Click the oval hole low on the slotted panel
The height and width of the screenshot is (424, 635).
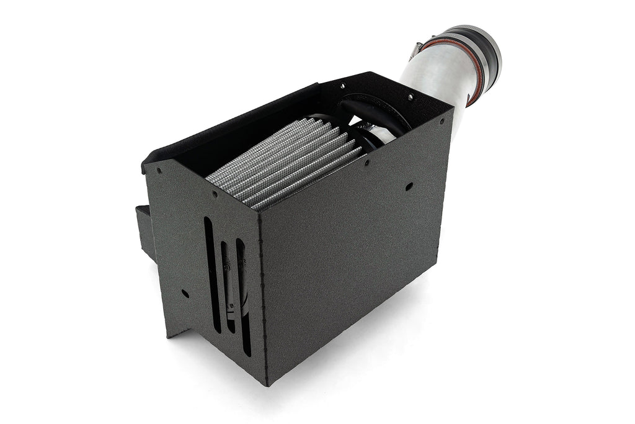tap(184, 293)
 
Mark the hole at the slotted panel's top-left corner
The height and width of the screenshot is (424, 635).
tap(159, 169)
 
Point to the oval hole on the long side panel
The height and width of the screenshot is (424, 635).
tap(409, 186)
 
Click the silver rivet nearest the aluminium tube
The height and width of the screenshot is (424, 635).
tap(409, 97)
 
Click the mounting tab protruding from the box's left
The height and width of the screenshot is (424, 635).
tap(144, 230)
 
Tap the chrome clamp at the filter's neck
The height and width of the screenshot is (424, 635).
tap(372, 133)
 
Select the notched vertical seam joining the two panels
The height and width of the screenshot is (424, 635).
tap(260, 292)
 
